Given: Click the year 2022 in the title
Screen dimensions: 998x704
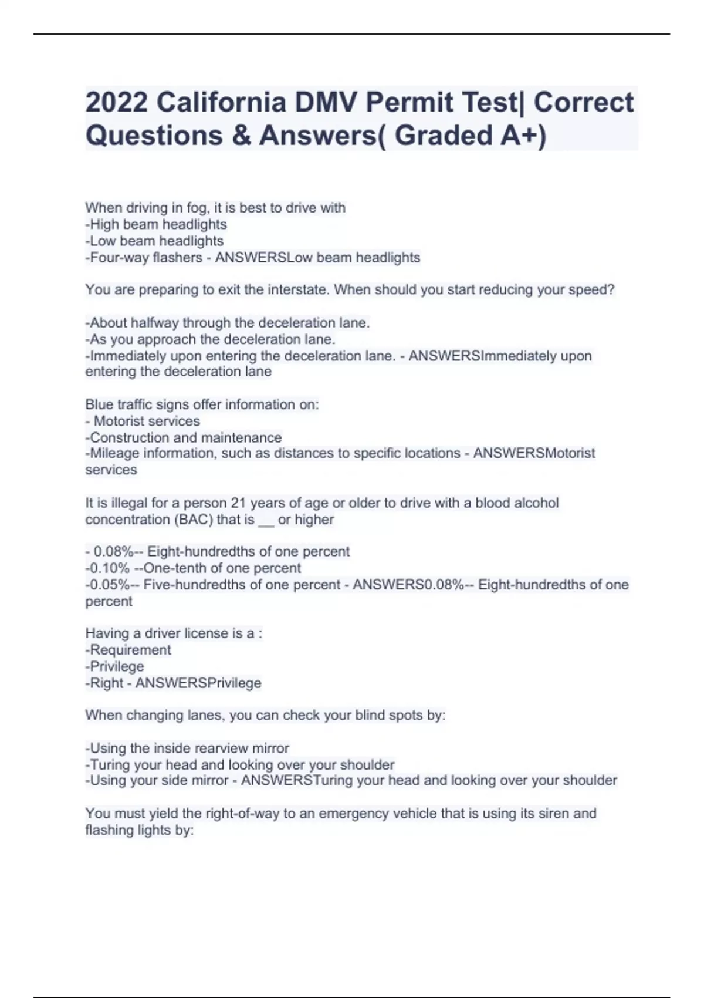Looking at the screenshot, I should click(x=116, y=103).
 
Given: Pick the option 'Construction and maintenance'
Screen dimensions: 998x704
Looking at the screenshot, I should click(x=185, y=437).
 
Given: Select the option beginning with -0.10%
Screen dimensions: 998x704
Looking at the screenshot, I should click(x=194, y=568).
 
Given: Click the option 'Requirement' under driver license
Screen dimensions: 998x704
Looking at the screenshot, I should click(x=129, y=650).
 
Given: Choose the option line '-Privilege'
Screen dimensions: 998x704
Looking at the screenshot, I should click(x=116, y=666).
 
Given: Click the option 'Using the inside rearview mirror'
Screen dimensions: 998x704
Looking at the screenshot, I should click(x=188, y=748).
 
